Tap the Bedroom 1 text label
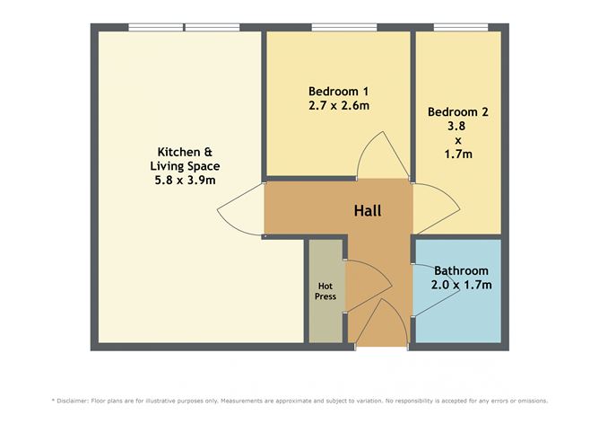pos(338,91)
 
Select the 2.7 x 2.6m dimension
pos(338,105)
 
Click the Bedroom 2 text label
pos(457,111)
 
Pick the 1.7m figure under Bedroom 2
pos(457,154)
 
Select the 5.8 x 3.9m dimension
pos(185,181)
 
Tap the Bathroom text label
pos(461,270)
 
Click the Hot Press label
pos(325,291)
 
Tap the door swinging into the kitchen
pos(239,214)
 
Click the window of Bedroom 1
pos(337,27)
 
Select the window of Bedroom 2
pos(460,27)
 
